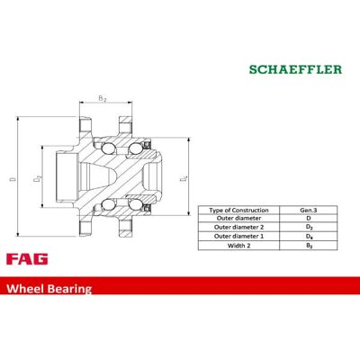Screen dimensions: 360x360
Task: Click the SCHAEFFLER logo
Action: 295,69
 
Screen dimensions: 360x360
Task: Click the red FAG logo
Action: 27,259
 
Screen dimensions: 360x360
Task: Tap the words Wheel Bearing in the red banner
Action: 49,289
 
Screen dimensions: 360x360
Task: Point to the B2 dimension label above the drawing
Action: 103,98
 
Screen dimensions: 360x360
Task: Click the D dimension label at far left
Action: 13,179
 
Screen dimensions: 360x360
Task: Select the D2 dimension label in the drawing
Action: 38,179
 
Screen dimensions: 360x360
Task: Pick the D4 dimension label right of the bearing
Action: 184,179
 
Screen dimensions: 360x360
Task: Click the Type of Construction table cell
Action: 238,210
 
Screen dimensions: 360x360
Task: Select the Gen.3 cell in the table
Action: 309,210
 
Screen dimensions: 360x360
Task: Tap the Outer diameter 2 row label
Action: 238,227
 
